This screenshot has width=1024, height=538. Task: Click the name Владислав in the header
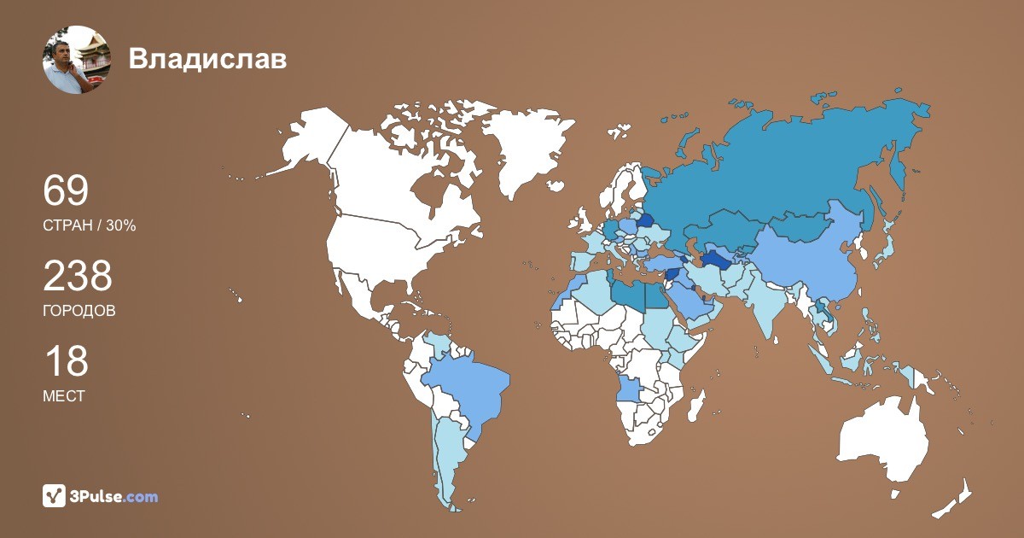pyautogui.click(x=207, y=59)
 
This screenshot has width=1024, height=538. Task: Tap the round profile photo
pyautogui.click(x=77, y=59)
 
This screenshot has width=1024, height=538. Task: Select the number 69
pyautogui.click(x=66, y=191)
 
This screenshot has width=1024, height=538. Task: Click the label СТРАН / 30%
pyautogui.click(x=89, y=226)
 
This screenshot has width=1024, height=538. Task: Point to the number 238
pyautogui.click(x=78, y=277)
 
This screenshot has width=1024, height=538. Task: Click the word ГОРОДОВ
pyautogui.click(x=79, y=311)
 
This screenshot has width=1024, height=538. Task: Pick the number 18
pyautogui.click(x=66, y=361)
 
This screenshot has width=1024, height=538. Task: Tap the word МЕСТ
pyautogui.click(x=63, y=396)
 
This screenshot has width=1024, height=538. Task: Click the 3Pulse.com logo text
pyautogui.click(x=114, y=496)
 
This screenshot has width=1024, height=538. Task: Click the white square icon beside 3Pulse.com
pyautogui.click(x=54, y=495)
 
